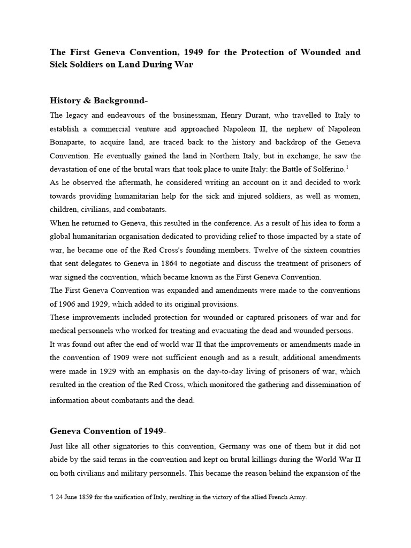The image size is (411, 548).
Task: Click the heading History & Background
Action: [x=97, y=101]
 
